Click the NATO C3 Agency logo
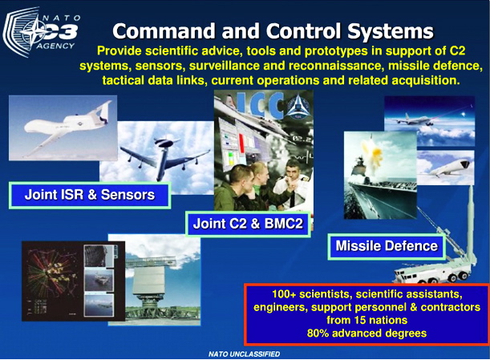click(x=41, y=33)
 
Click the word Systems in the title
click(x=391, y=31)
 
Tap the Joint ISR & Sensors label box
click(x=90, y=195)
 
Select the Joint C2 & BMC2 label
click(x=248, y=224)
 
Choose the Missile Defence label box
click(x=387, y=246)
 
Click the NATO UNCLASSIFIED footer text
click(x=244, y=354)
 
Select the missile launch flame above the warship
click(x=374, y=149)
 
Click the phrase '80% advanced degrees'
click(x=366, y=333)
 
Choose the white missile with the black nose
click(x=449, y=168)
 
